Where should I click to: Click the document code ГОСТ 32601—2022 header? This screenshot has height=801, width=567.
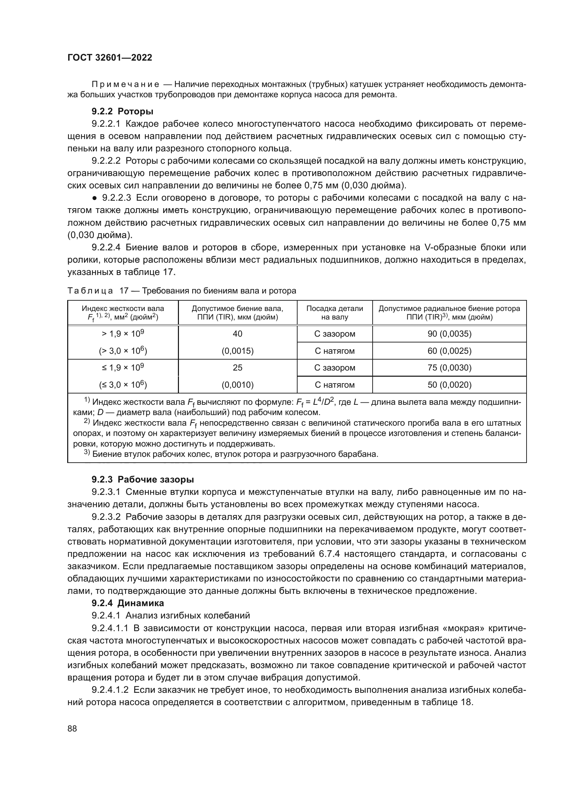tap(110, 58)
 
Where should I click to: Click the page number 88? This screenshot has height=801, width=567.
tap(72, 728)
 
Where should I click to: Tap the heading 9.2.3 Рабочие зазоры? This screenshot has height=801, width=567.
tap(143, 479)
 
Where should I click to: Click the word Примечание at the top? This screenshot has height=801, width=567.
tap(125, 85)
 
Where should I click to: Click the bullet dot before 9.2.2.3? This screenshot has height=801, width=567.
tap(94, 198)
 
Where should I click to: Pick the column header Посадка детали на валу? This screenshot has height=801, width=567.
tap(335, 313)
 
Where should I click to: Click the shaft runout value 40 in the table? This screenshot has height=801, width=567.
tap(238, 334)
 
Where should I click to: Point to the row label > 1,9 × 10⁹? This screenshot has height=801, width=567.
tap(123, 334)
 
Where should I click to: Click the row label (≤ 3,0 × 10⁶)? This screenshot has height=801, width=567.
tap(123, 385)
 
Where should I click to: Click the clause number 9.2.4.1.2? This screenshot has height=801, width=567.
tap(110, 690)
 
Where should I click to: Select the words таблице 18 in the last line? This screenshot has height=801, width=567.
tap(448, 702)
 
